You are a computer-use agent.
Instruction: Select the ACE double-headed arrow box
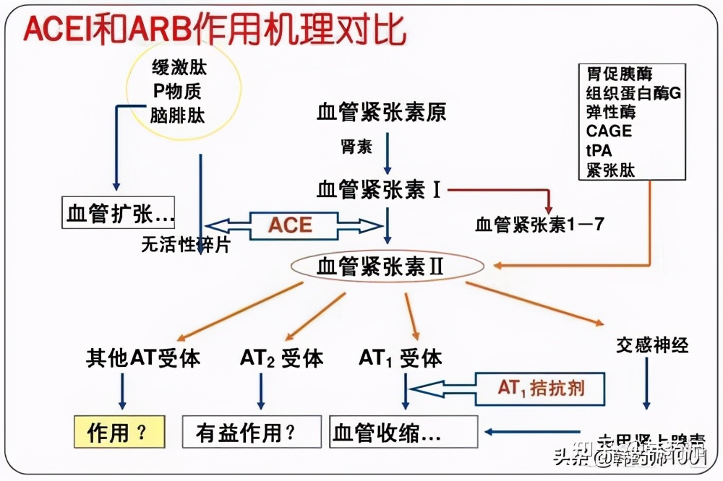click(x=291, y=225)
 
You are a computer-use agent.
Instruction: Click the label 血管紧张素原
click(x=381, y=113)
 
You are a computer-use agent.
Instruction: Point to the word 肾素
click(x=356, y=147)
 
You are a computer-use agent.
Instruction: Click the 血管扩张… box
click(x=120, y=214)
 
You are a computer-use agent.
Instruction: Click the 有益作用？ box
click(x=250, y=433)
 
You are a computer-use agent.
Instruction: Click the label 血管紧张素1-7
click(x=539, y=225)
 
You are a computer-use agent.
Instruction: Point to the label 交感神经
click(x=652, y=344)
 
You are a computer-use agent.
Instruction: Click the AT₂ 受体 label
click(x=281, y=359)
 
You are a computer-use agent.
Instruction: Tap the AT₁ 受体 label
click(x=400, y=358)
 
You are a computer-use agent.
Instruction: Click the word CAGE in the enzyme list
click(x=609, y=131)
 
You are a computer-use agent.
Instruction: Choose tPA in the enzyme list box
click(x=599, y=150)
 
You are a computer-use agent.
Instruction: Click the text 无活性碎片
click(x=186, y=246)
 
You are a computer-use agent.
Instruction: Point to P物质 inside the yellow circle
click(x=177, y=92)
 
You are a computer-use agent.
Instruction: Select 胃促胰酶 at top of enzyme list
click(x=620, y=74)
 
